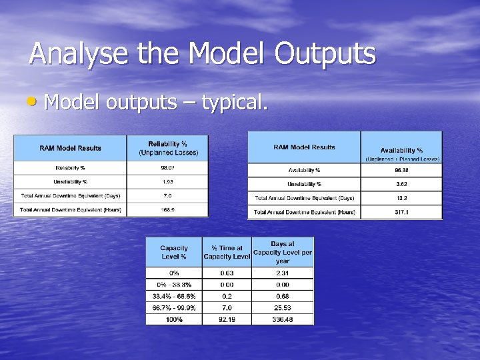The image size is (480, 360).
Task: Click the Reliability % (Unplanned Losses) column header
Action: coord(167,148)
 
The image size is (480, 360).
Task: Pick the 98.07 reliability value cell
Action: coord(167,167)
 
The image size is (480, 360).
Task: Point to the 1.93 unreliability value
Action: coord(167,181)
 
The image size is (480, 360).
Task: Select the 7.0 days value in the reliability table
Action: coord(167,196)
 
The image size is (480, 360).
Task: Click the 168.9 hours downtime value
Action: coord(167,210)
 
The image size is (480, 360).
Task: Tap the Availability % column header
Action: coord(401,151)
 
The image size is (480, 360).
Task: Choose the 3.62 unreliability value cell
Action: coord(401,184)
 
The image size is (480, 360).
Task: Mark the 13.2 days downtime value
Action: coord(401,198)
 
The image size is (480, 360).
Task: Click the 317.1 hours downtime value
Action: coord(401,213)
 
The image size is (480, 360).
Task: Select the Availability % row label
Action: coord(304,170)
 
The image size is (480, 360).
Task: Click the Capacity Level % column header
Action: coord(173,252)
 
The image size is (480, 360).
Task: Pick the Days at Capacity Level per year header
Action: coord(282,252)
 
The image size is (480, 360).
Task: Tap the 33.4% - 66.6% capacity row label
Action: coord(173,296)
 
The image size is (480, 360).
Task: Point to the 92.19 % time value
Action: coord(227,319)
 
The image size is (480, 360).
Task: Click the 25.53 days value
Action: coord(282,308)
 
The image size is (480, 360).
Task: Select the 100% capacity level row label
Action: coord(173,319)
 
